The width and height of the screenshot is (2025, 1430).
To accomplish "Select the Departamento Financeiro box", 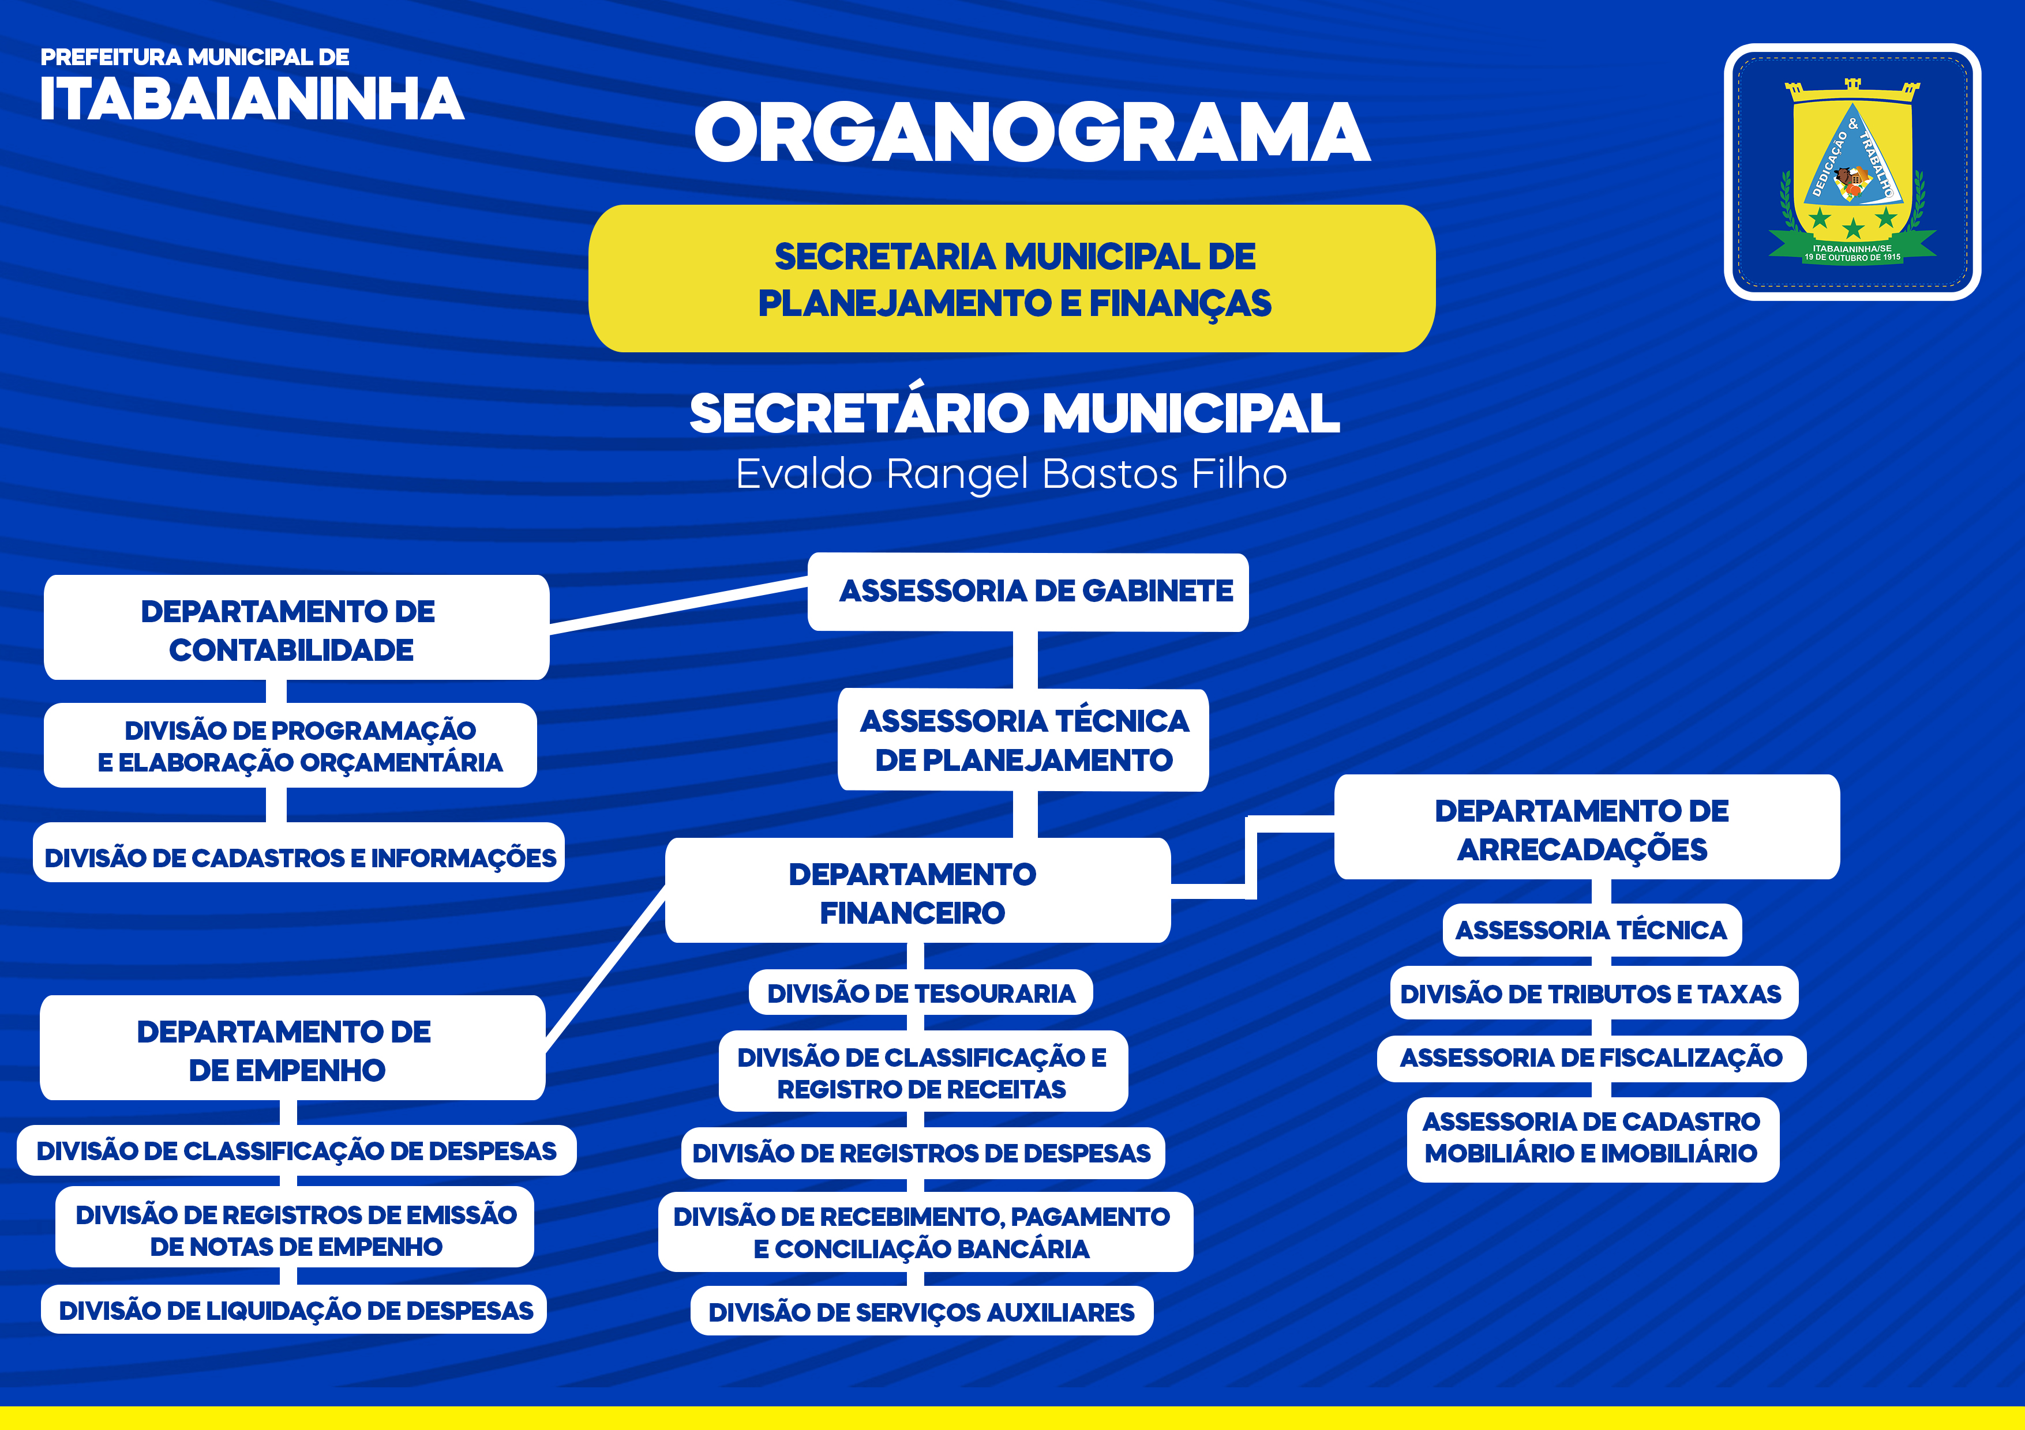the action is (917, 890).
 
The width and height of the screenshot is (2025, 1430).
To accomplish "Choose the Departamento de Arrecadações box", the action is (1587, 827).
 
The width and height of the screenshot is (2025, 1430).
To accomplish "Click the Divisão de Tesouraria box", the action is (921, 993).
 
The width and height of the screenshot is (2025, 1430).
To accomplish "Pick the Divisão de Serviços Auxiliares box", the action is (922, 1311).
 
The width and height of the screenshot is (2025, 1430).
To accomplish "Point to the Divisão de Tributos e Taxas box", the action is (1593, 993).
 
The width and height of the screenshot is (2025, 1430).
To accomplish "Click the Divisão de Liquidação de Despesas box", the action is (294, 1309).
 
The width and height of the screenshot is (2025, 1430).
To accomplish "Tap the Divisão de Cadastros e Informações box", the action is (299, 853).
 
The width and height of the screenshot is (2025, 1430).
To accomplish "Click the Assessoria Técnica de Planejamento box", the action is (1023, 740).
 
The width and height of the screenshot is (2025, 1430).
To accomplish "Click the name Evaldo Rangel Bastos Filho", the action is (1011, 473).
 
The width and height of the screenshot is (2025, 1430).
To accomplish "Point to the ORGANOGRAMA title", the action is (1032, 132).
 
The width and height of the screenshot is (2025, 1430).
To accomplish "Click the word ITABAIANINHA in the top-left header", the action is (252, 98).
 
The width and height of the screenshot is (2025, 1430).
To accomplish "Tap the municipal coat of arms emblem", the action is (1852, 172).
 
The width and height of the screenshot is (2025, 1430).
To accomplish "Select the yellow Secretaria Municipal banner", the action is (1011, 279).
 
